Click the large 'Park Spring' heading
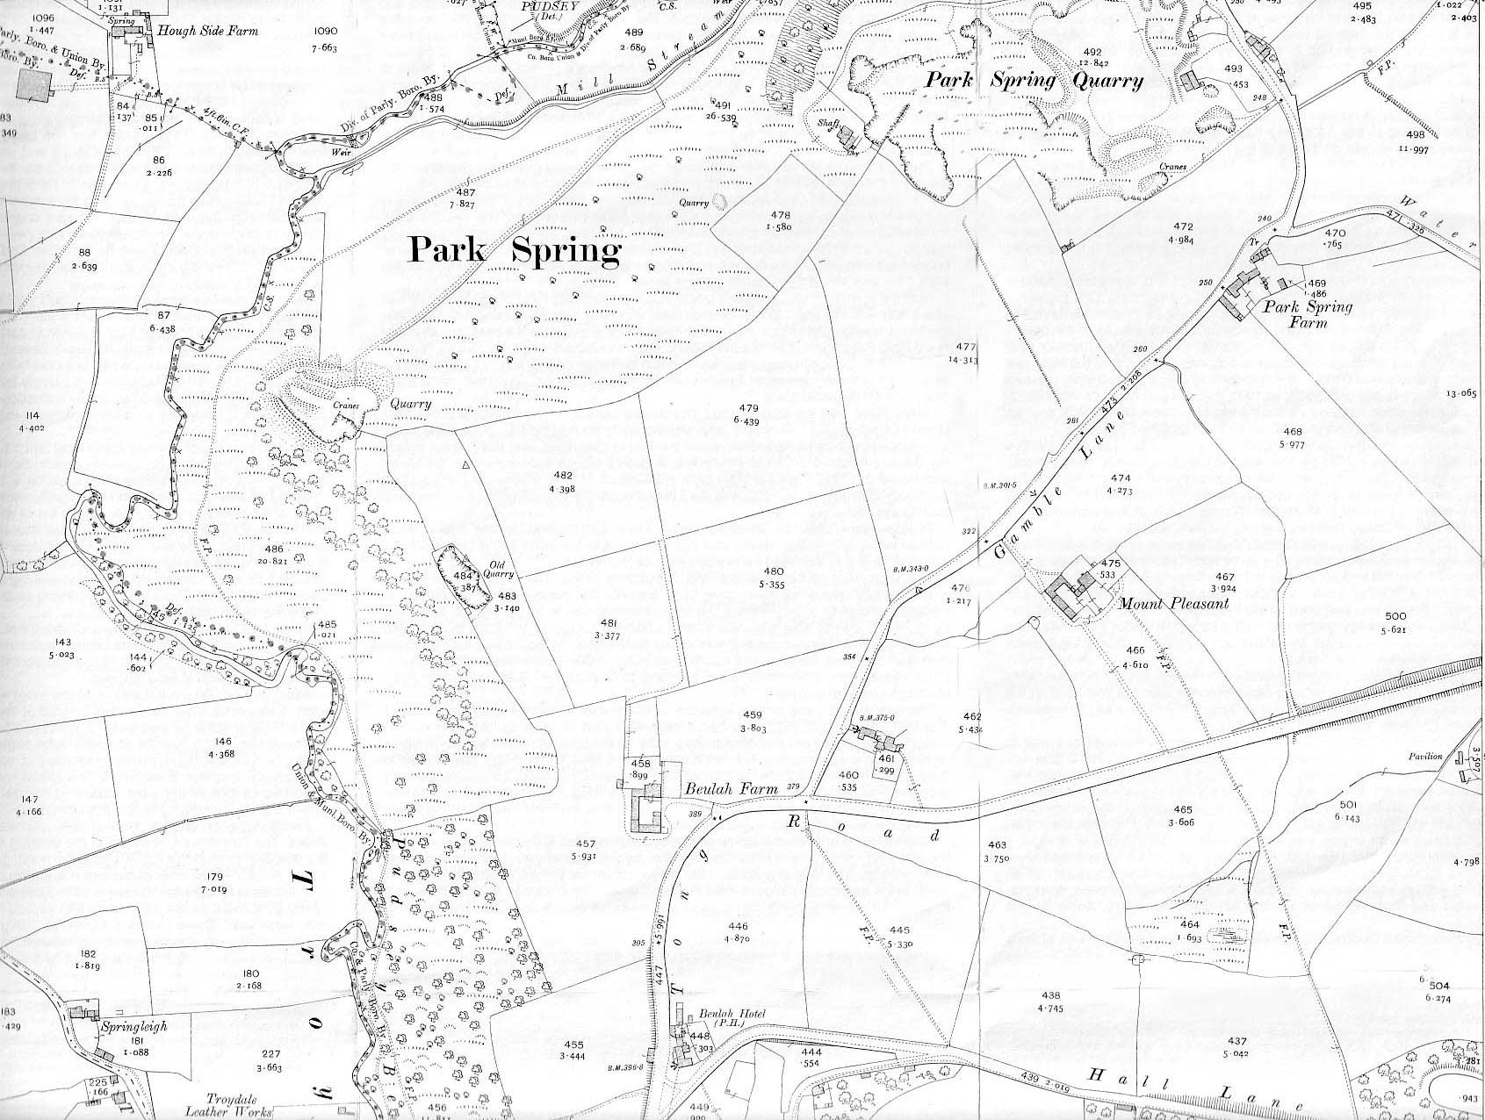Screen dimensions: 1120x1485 pos(515,252)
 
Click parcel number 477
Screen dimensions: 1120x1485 pos(965,346)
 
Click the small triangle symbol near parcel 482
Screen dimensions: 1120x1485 pos(466,464)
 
